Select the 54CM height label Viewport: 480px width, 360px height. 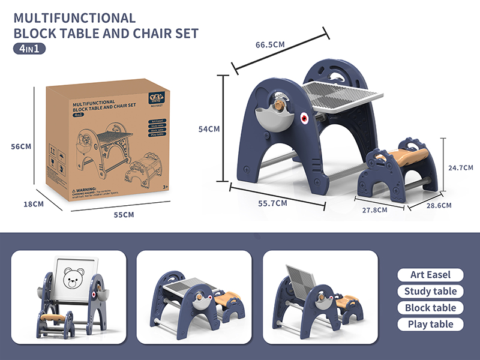[x=210, y=129]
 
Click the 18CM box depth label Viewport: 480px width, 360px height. [x=34, y=204]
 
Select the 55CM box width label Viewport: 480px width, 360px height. [x=124, y=215]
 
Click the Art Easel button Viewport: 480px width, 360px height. [x=430, y=275]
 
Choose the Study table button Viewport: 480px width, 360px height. [x=430, y=292]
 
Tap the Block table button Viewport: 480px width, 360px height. [x=430, y=308]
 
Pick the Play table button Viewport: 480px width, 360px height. [x=430, y=324]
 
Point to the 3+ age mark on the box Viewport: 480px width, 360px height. [x=166, y=188]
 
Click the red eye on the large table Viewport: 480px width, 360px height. [x=304, y=117]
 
